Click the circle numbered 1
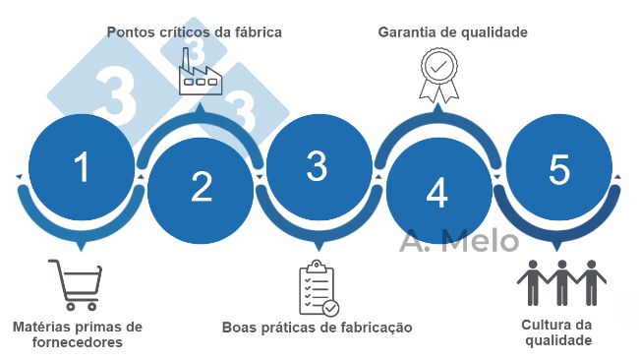82,167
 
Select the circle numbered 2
201,187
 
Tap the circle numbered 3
317,167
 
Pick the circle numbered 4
436,191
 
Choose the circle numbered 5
558,170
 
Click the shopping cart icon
73,284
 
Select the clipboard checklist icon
318,287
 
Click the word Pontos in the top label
131,32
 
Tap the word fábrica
257,32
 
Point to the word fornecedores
77,343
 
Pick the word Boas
240,327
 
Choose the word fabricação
370,327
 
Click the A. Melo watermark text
458,239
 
